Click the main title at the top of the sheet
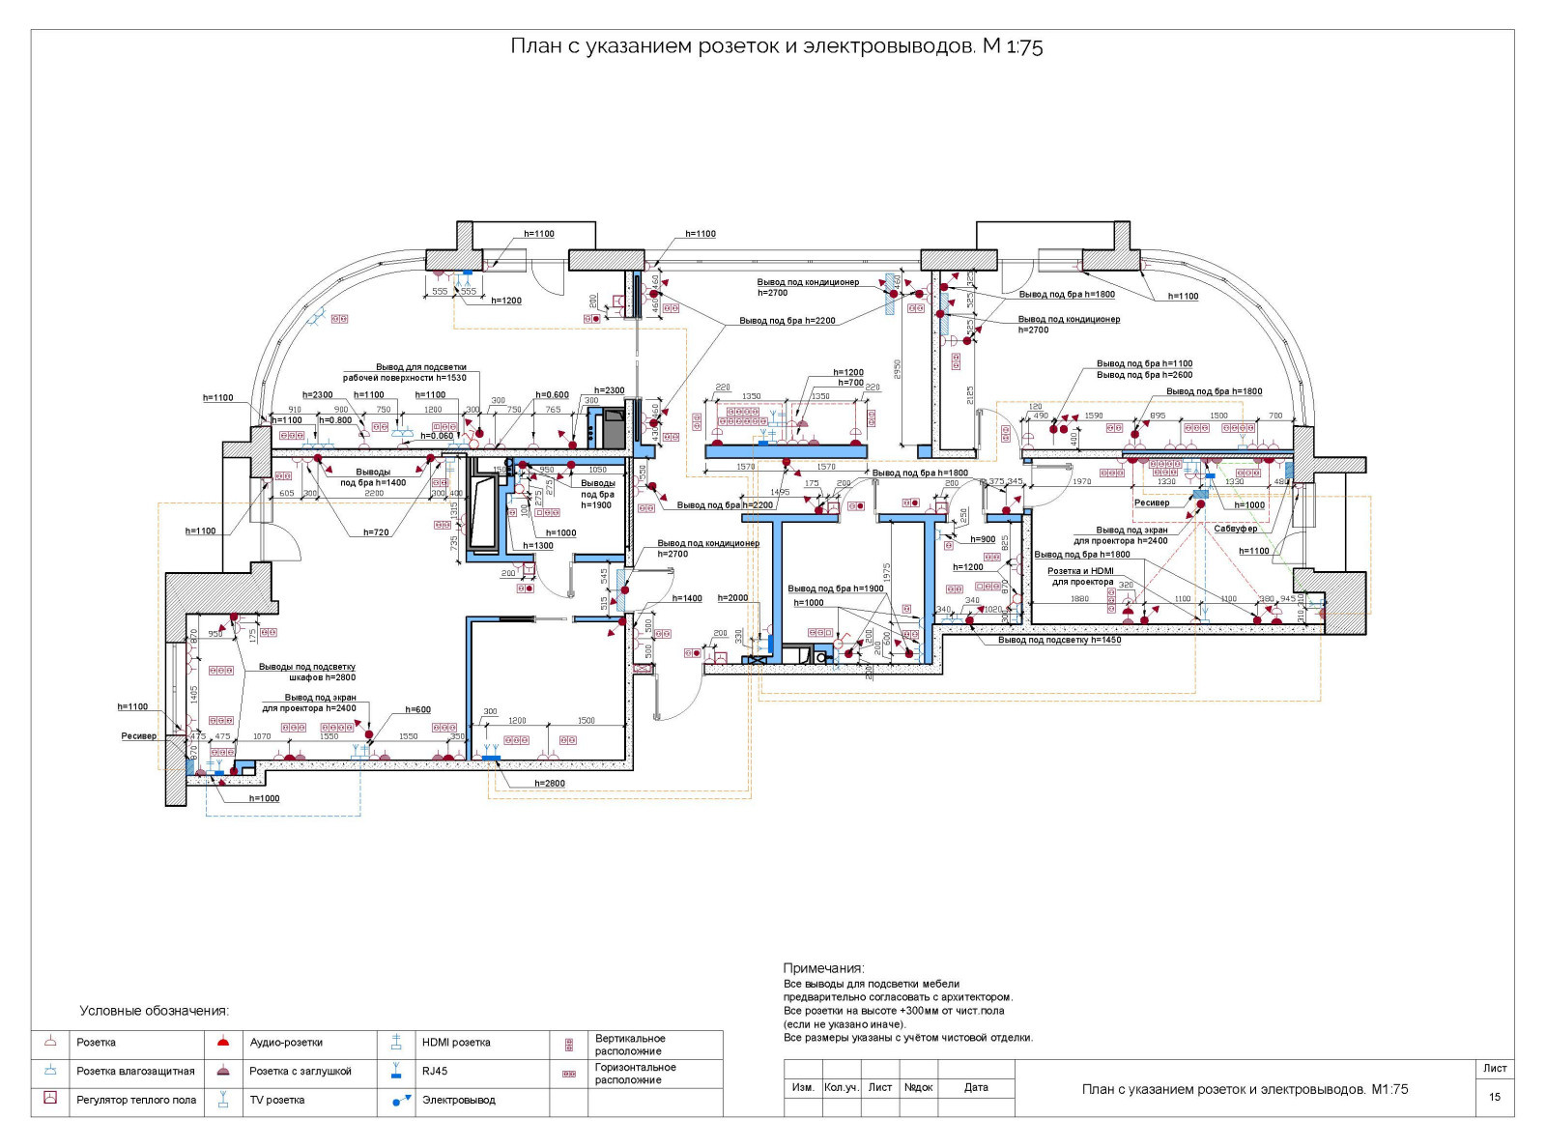[x=776, y=46]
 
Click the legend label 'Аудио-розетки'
[x=286, y=1043]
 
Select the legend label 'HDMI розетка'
[x=456, y=1043]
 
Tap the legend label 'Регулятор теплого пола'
[x=136, y=1100]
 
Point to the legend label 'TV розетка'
[x=277, y=1100]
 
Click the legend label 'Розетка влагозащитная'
[x=135, y=1071]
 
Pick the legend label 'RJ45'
[x=435, y=1071]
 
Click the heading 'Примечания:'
[x=823, y=968]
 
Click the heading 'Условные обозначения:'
[x=155, y=1011]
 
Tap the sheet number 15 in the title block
[x=1495, y=1097]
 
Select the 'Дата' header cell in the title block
[x=976, y=1087]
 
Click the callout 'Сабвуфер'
[x=1236, y=529]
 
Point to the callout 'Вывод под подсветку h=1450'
[x=1059, y=640]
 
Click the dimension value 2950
[x=898, y=370]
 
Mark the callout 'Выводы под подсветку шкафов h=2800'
[x=307, y=672]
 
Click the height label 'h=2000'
[x=732, y=598]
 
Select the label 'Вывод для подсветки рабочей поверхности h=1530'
[x=405, y=372]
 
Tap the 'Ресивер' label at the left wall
[x=138, y=735]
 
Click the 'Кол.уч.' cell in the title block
[x=841, y=1087]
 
